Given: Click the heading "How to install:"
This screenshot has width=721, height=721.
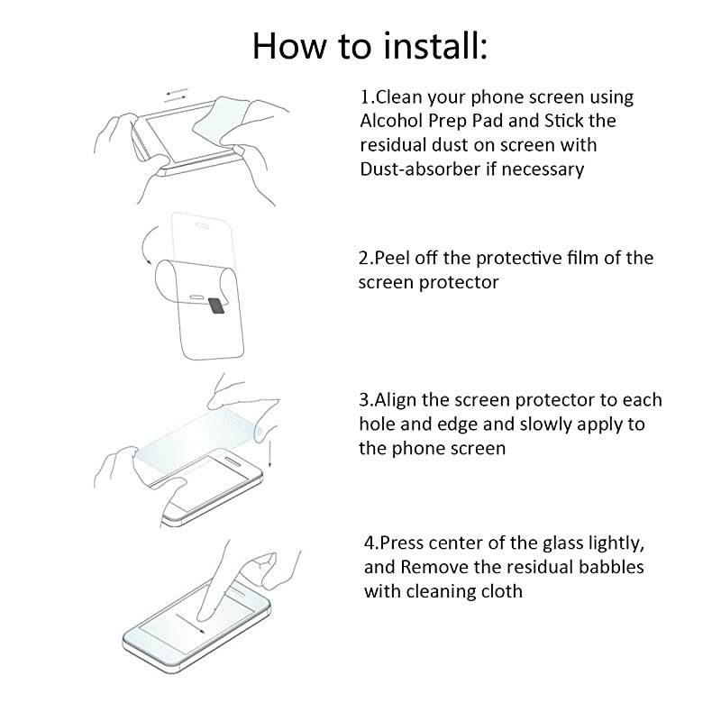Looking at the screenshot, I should point(370,45).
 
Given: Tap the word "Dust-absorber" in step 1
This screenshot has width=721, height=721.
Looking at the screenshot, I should point(415,169).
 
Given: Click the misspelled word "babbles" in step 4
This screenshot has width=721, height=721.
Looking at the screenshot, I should point(607,568).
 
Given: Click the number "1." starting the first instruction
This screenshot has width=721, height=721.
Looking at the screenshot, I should point(366,97).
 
